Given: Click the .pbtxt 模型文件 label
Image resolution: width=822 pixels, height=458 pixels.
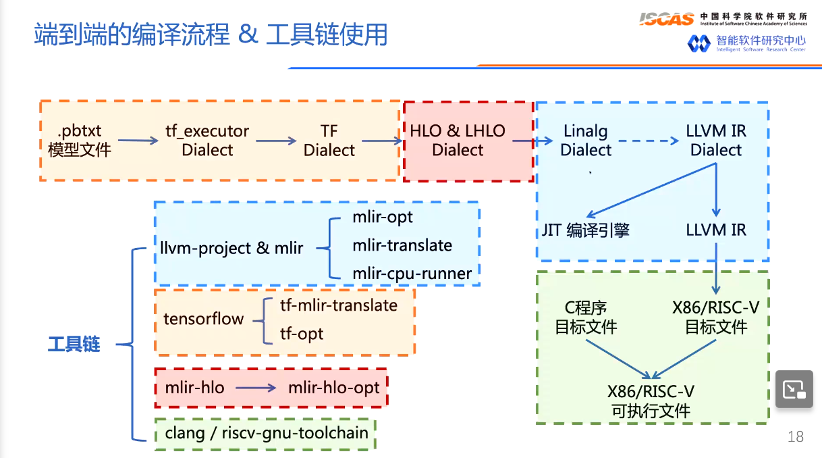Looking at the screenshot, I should point(79,140).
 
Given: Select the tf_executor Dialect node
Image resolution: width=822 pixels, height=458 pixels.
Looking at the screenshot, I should point(207,140).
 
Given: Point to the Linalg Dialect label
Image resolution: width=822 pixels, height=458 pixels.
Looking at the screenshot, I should point(586,141).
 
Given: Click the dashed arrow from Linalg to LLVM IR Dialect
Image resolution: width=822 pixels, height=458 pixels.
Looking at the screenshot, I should point(648,141).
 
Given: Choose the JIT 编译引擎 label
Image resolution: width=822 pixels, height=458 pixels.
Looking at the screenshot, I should point(586,230).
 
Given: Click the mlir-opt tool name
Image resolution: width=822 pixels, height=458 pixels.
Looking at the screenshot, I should point(383,217).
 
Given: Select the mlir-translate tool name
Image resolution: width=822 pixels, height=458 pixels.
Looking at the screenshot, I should point(402,245).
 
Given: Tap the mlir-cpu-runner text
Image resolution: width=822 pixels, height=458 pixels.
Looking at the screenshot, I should point(412,273).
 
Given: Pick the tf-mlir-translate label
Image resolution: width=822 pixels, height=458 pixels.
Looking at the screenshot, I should point(339,305).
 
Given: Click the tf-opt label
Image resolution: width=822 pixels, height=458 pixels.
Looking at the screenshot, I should point(302,334).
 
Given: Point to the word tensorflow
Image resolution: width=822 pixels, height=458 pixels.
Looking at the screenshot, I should point(203,319).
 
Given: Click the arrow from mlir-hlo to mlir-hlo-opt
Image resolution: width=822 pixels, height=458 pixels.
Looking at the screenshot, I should point(256,388).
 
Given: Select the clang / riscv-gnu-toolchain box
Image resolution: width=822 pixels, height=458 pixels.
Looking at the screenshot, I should point(266,433).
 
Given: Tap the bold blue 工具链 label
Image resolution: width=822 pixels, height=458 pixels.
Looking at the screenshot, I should point(74,345).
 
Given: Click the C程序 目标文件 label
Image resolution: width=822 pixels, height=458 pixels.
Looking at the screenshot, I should point(586,317).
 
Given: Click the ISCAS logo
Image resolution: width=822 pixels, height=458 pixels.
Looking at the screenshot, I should point(666,19).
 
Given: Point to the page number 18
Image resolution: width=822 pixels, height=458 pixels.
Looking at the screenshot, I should point(796,436).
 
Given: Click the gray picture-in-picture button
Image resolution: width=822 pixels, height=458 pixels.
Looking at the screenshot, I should point(794,388).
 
